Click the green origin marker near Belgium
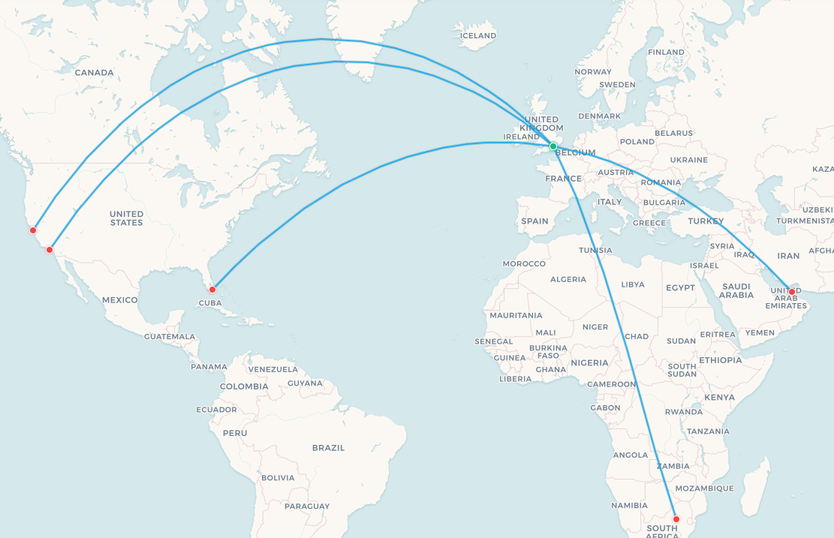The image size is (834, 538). pyautogui.click(x=553, y=146)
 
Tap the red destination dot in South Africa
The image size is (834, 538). pyautogui.click(x=676, y=519)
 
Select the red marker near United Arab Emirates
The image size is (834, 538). pyautogui.click(x=791, y=291)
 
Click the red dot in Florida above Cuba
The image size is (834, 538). pyautogui.click(x=212, y=289)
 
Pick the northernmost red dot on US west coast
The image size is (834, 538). pyautogui.click(x=33, y=230)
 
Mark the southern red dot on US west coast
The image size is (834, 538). pyautogui.click(x=50, y=250)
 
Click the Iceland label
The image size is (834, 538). pyautogui.click(x=478, y=35)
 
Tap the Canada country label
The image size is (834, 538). pyautogui.click(x=94, y=73)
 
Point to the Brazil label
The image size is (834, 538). pyautogui.click(x=328, y=447)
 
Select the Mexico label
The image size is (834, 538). pyautogui.click(x=120, y=299)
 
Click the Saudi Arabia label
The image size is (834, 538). pyautogui.click(x=736, y=290)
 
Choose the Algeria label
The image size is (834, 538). pyautogui.click(x=568, y=279)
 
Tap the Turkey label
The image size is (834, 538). pyautogui.click(x=706, y=221)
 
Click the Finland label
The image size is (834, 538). pyautogui.click(x=666, y=52)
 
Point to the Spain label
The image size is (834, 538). pyautogui.click(x=535, y=221)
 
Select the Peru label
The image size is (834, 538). pyautogui.click(x=235, y=433)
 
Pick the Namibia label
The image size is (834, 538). pyautogui.click(x=629, y=505)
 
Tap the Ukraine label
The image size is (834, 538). pyautogui.click(x=688, y=160)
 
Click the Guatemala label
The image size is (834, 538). pyautogui.click(x=170, y=336)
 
